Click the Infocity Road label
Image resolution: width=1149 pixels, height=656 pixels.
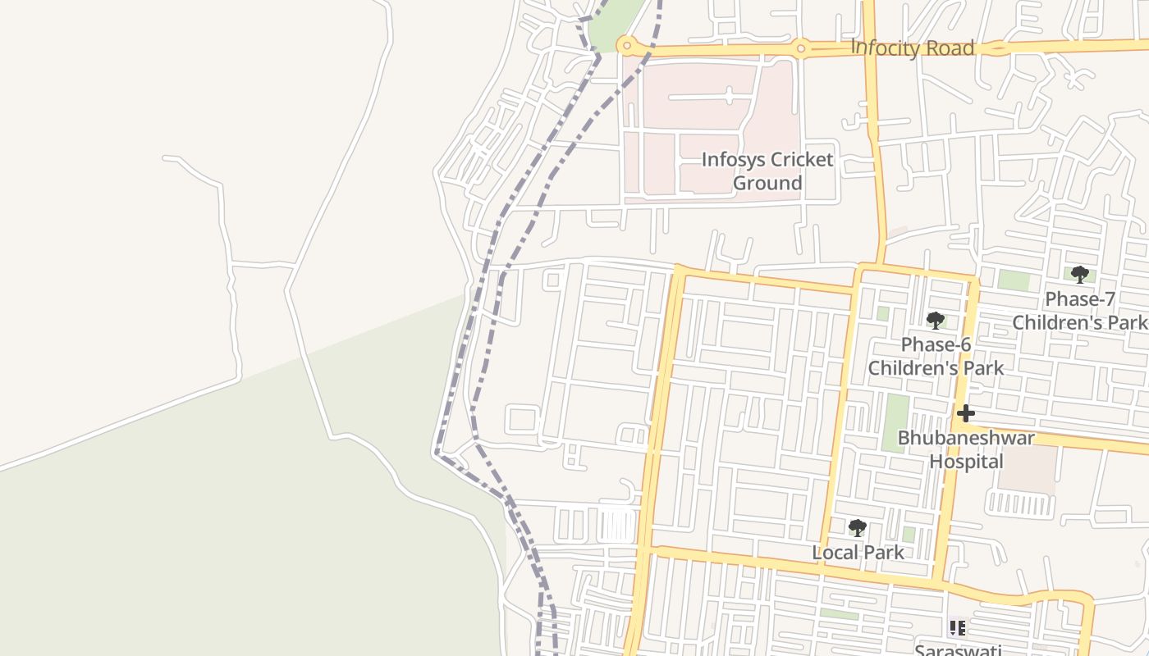point(912,48)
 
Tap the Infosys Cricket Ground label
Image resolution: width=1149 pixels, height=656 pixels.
point(767,171)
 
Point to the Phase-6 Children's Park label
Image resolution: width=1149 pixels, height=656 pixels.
point(936,356)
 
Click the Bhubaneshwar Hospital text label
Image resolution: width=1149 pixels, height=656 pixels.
point(966,449)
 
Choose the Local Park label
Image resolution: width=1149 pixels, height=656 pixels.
point(858,552)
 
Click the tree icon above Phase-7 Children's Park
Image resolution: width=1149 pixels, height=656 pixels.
point(1079,275)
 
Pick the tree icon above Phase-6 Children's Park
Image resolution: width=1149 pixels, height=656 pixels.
point(935,320)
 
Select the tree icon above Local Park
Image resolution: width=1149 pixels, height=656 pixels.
point(858,527)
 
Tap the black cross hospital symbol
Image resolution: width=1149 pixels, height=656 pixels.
point(965,413)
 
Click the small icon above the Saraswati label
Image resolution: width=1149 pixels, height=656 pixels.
point(957,628)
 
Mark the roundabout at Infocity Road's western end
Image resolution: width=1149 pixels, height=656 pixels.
point(627,44)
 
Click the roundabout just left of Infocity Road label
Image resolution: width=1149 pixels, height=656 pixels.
point(800,49)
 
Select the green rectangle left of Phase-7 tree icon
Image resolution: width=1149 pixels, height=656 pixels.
point(1014,280)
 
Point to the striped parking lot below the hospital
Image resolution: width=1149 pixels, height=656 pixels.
point(1021,503)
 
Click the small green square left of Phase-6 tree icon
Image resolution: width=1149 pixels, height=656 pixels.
point(882,313)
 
